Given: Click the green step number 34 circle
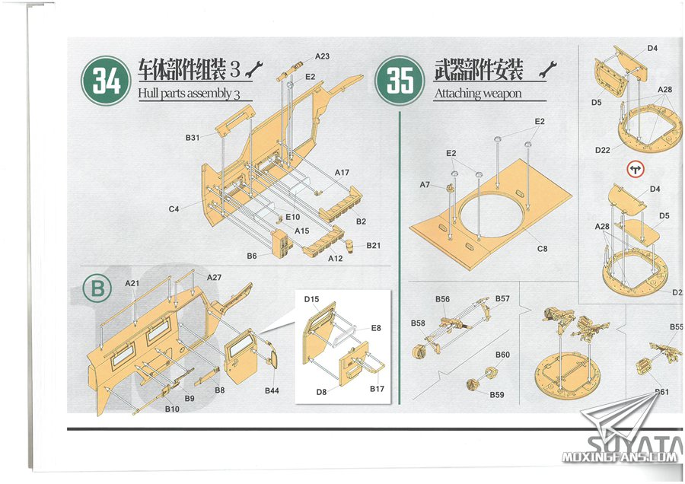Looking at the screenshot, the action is (106, 81).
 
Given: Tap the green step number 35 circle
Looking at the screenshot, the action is (400, 81).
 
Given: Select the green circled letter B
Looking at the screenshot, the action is (97, 288).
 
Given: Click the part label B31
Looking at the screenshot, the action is (193, 138).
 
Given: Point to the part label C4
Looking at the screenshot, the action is (174, 209).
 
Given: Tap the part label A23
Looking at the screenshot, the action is (322, 56).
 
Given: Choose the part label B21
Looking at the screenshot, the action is (374, 246).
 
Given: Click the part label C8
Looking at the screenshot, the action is (542, 249).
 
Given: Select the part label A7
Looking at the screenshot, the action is (425, 185).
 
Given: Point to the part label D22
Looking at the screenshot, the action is (603, 150).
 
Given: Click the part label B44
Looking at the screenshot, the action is (272, 390).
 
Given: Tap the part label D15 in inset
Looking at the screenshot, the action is (311, 299).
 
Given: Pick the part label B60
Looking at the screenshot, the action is (502, 355).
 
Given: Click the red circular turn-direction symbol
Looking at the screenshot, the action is (635, 170).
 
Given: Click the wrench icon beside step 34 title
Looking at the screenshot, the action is (253, 69).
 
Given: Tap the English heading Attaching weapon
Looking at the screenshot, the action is (478, 94).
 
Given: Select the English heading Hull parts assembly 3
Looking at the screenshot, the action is (190, 94).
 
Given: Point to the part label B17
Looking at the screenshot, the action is (377, 389).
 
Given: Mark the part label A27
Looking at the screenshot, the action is (214, 277).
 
